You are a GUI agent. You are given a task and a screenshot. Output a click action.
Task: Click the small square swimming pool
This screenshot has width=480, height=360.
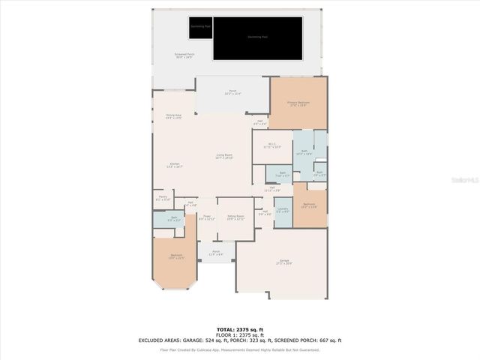click(200, 27)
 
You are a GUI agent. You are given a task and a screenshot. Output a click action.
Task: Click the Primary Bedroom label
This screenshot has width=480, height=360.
click(298, 103)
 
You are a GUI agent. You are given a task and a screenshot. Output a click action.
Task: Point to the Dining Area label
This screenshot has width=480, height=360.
click(174, 117)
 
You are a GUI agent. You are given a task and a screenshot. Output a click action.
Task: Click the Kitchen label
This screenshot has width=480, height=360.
click(174, 165)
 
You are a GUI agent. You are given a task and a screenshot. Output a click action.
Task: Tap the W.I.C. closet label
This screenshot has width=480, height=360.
click(272, 147)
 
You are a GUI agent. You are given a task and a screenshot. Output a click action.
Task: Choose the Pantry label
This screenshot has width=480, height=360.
click(163, 199)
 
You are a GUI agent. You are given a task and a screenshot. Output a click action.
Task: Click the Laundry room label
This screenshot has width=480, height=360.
click(282, 211)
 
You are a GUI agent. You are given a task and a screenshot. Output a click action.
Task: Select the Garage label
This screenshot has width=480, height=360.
click(283, 262)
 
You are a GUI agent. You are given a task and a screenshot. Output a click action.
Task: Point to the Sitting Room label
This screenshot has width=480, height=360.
click(235, 218)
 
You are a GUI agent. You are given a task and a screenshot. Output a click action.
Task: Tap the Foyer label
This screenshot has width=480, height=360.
click(206, 218)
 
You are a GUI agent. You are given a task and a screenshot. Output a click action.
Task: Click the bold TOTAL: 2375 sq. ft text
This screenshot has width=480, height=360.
click(239, 329)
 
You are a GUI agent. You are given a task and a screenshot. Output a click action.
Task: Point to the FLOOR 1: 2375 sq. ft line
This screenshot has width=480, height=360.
click(239, 334)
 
